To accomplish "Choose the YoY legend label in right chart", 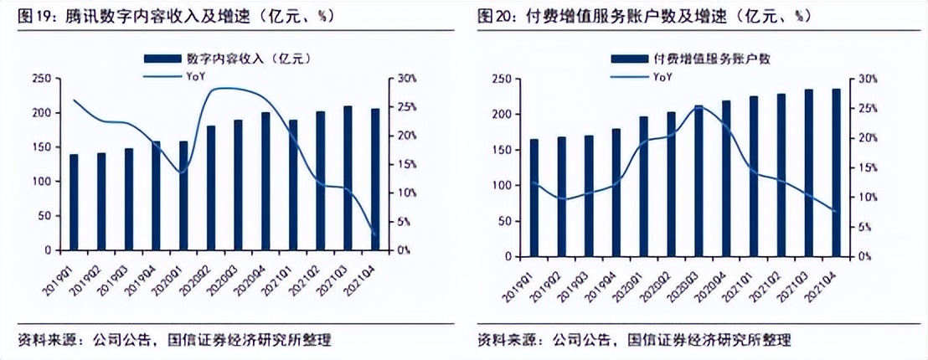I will (662, 76).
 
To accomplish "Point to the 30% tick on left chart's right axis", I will (403, 79).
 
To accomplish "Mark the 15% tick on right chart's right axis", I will (865, 168).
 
